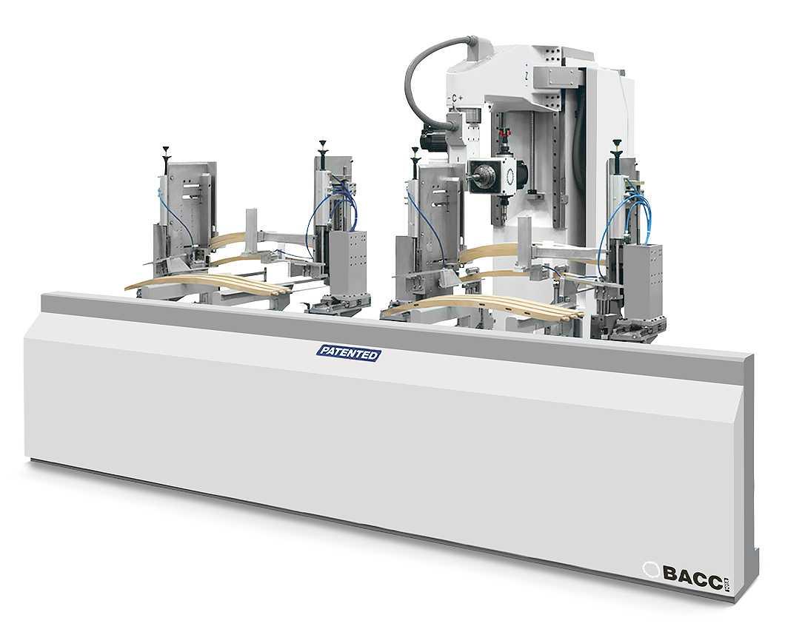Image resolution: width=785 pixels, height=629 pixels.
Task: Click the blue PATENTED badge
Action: pos(348,353)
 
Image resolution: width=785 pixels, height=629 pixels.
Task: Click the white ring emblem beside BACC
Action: pos(651,571)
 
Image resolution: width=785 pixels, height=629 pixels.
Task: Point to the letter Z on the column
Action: pos(524,75)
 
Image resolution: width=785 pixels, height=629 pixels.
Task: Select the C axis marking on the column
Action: pos(455,97)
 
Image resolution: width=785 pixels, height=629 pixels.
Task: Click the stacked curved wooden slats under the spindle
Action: pos(481,305)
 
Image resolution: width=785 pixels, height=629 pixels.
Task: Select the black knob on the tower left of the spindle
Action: pos(415,153)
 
